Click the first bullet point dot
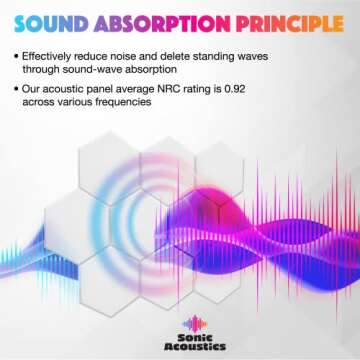click(x=17, y=56)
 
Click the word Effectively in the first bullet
click(x=55, y=56)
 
